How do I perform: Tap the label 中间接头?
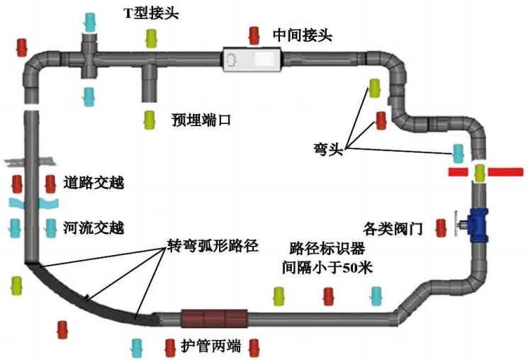pyautogui.click(x=303, y=34)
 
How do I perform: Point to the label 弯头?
pyautogui.click(x=327, y=150)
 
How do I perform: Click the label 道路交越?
pyautogui.click(x=94, y=184)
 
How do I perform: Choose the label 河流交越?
pyautogui.click(x=94, y=227)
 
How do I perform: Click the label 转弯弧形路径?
pyautogui.click(x=212, y=247)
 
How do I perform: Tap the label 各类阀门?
pyautogui.click(x=393, y=228)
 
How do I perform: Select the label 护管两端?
pyautogui.click(x=210, y=347)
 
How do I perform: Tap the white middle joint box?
pyautogui.click(x=253, y=60)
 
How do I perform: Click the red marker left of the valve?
pyautogui.click(x=441, y=227)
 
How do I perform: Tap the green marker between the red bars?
pyautogui.click(x=480, y=172)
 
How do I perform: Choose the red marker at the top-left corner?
pyautogui.click(x=22, y=47)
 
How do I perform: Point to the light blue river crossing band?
pyautogui.click(x=32, y=205)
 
